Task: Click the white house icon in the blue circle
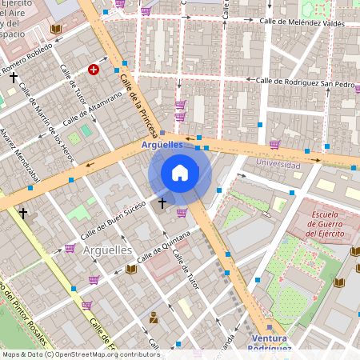pos(180,172)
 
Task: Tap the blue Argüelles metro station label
pos(162,145)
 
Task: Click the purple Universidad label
pos(278,164)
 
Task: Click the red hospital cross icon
pos(94,70)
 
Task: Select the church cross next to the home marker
pos(162,203)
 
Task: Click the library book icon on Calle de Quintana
pos(131,269)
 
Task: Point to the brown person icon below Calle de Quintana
pos(154,318)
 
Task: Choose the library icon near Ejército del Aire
pos(55,30)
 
